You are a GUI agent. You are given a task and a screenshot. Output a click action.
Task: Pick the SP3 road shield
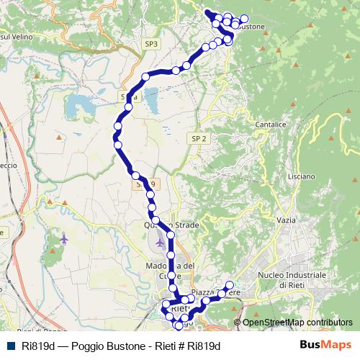pos(150,44)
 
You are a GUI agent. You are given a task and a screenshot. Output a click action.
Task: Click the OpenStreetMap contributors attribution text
pos(297,322)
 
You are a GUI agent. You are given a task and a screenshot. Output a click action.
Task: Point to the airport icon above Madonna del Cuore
pos(159,242)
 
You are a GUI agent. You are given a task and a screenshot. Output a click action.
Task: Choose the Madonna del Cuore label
pos(171,270)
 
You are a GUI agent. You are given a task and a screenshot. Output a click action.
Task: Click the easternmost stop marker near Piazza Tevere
pos(230,284)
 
